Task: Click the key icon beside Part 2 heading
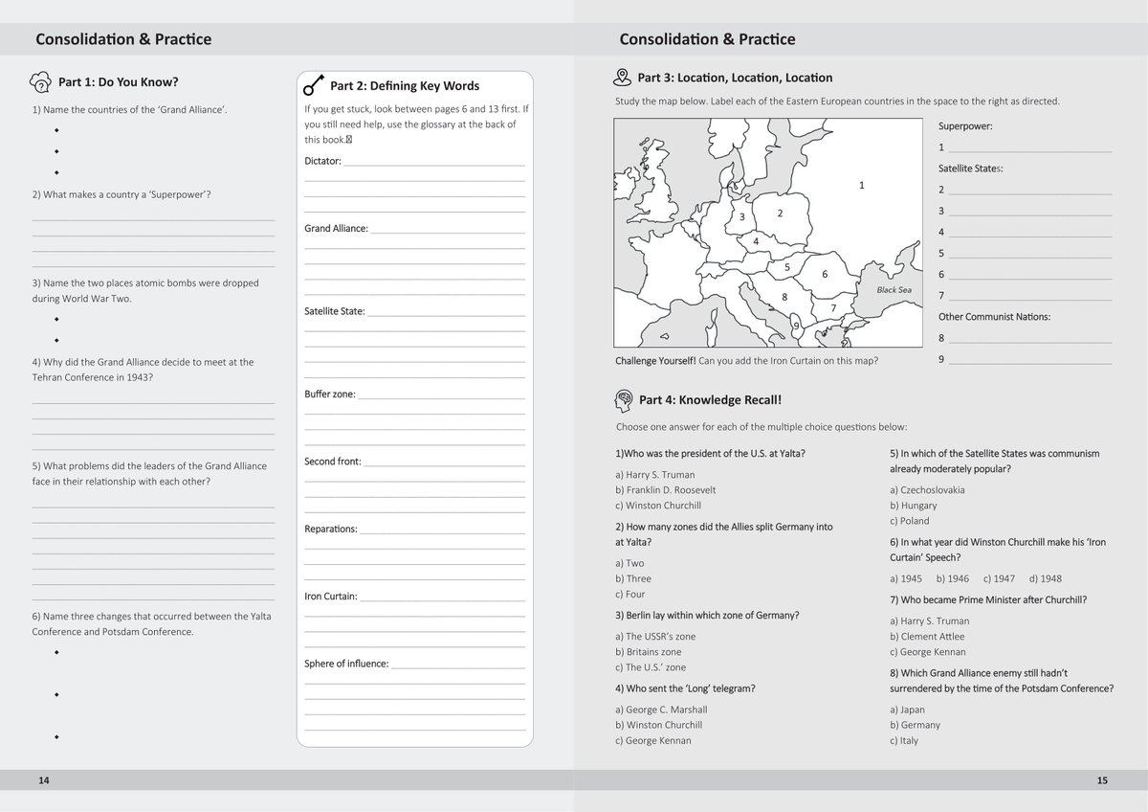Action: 313,86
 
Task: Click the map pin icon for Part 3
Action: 623,78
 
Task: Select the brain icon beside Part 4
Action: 623,399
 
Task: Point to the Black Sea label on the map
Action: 894,290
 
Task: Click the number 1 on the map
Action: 862,186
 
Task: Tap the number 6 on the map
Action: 825,275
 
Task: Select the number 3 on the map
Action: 741,217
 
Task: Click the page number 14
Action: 44,780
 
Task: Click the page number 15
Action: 1102,780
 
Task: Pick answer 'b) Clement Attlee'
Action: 927,637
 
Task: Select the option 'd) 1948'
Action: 1046,579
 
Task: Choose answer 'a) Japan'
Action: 907,710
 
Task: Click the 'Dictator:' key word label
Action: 322,161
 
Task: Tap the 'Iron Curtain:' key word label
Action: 330,597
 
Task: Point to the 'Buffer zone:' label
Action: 329,395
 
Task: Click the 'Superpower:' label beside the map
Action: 965,126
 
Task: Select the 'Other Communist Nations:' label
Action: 994,317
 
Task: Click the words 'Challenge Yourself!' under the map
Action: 655,361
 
